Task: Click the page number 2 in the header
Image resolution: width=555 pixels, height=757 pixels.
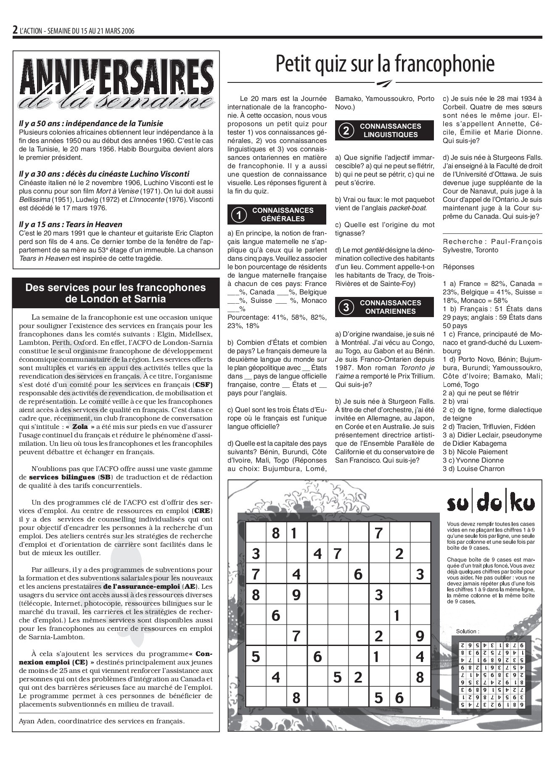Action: (15, 30)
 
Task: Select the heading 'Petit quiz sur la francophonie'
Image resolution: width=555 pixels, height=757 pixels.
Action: (385, 64)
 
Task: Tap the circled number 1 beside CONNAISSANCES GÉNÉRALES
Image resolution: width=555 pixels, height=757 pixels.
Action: (239, 215)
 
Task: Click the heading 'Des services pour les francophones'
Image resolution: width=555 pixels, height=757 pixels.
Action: (116, 288)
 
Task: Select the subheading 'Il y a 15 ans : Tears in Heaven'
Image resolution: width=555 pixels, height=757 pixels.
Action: (70, 225)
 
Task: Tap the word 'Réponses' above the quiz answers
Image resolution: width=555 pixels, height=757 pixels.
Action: (458, 267)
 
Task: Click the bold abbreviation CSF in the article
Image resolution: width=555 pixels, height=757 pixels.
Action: (203, 385)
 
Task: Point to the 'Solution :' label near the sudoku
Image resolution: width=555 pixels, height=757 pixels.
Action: (468, 631)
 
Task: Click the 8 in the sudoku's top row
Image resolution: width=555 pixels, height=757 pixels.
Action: (276, 533)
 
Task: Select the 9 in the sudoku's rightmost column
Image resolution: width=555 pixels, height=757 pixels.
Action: (420, 636)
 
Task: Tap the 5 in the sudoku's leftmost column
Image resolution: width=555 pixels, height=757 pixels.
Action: (256, 656)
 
